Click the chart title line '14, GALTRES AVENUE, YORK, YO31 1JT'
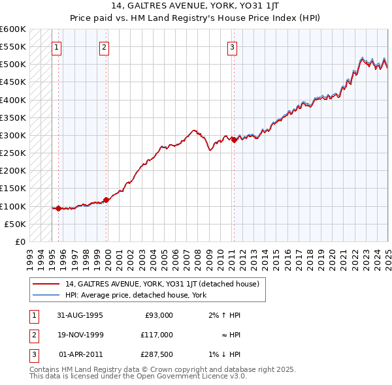point(196,6)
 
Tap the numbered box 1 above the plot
point(57,47)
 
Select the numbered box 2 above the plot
point(105,47)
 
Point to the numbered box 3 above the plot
point(232,47)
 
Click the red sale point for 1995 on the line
point(59,209)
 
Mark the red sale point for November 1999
point(106,200)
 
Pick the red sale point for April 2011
point(234,140)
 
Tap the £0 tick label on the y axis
point(19,242)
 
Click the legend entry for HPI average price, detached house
point(136,295)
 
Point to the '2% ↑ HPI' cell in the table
point(225,315)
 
